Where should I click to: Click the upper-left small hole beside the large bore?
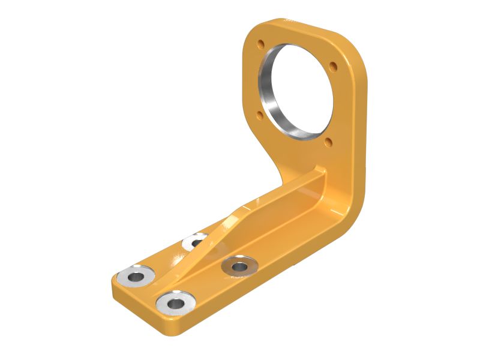(260, 44)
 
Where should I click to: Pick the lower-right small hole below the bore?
(328, 143)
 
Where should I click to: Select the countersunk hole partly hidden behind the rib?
(194, 242)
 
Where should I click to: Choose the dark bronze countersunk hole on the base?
(239, 265)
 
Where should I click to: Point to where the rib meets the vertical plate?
(322, 174)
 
